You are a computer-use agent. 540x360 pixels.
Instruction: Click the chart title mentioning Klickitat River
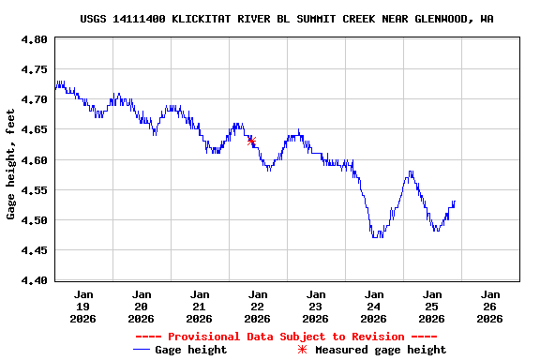287,19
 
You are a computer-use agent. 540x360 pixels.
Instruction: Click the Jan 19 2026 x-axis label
83,306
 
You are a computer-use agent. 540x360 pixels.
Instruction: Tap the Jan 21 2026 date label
199,306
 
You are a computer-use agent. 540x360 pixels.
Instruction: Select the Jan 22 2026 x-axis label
257,306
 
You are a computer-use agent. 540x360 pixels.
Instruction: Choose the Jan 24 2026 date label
373,306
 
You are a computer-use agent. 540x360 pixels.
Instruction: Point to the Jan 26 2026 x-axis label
489,306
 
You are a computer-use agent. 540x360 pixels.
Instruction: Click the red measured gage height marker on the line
251,141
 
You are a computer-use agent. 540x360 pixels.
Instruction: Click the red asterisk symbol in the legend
302,350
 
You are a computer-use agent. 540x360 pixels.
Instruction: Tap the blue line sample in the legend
142,350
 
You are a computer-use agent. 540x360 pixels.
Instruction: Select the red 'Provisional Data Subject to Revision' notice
286,337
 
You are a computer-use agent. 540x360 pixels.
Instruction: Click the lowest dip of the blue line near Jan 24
376,236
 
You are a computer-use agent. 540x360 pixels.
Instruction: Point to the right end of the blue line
455,201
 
